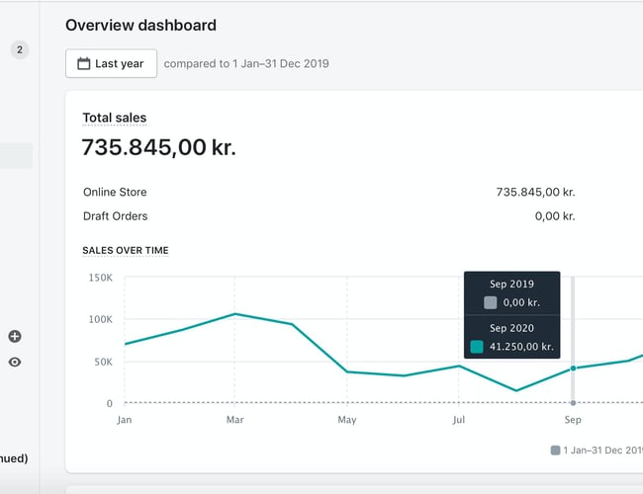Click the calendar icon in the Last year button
tap(84, 63)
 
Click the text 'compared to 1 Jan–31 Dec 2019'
tap(246, 63)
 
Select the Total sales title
tap(114, 118)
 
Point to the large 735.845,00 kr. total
tap(158, 148)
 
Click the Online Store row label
tap(115, 192)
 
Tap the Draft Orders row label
tap(115, 215)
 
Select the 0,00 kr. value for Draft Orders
tap(554, 215)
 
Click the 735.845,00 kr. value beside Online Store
tap(535, 192)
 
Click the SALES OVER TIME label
tap(125, 251)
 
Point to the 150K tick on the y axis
tap(100, 278)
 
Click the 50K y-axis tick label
tap(103, 362)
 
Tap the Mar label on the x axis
tap(234, 420)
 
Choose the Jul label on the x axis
tap(459, 420)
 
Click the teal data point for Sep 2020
tap(573, 369)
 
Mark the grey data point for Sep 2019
tap(573, 403)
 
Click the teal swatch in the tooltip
tap(477, 347)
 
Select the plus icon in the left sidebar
tap(15, 337)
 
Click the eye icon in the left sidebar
tap(15, 363)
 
